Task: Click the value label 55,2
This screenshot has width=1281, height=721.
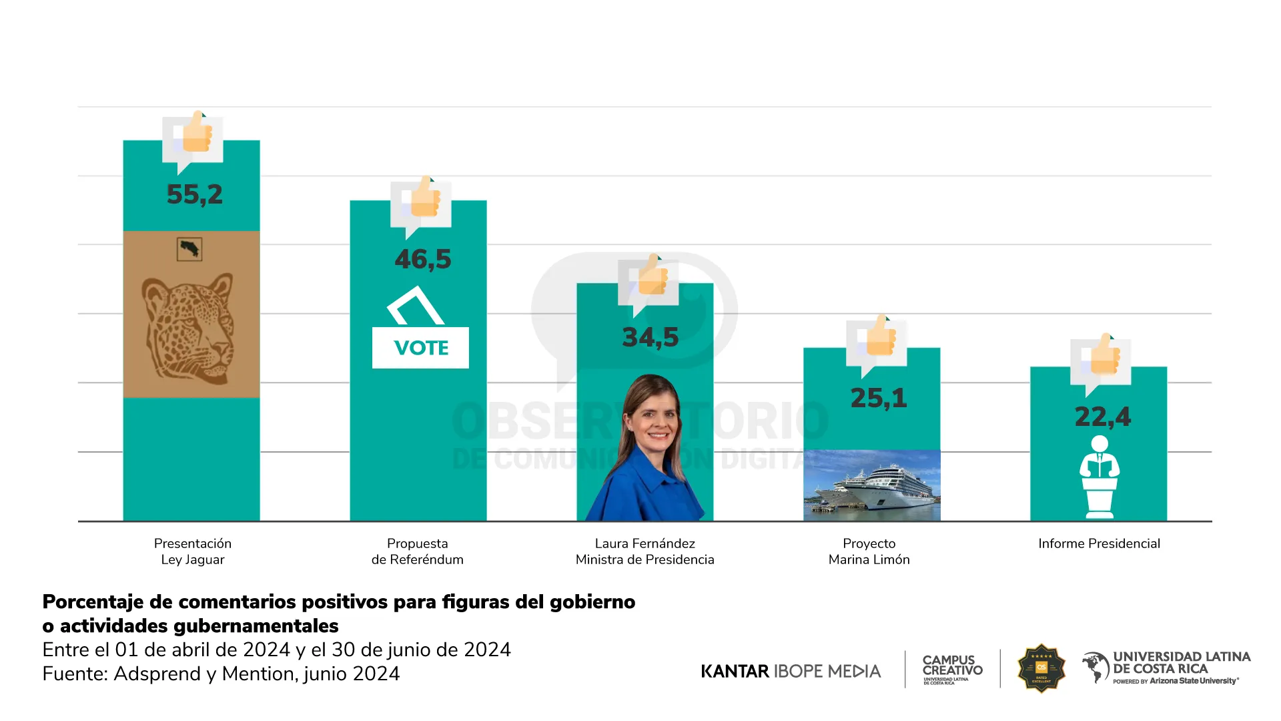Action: (x=194, y=194)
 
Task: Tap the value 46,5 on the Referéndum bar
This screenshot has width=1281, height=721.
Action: (x=422, y=259)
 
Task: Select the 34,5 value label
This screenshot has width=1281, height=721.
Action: (x=650, y=337)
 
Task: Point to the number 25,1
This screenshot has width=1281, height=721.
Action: (x=878, y=398)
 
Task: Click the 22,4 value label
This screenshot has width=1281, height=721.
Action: (x=1102, y=417)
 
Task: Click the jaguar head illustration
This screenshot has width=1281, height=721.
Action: (x=189, y=327)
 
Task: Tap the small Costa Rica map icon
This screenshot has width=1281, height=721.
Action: (x=189, y=250)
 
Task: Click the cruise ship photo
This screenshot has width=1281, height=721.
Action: (x=871, y=485)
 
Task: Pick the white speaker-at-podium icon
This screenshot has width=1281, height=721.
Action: (x=1099, y=477)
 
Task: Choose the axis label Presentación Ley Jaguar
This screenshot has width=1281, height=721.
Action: (x=193, y=551)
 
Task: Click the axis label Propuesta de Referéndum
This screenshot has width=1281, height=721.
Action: (x=418, y=551)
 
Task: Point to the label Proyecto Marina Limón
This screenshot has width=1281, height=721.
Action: (x=869, y=551)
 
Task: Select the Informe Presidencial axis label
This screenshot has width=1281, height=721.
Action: (x=1099, y=543)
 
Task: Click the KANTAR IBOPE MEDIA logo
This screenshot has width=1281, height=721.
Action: (x=791, y=671)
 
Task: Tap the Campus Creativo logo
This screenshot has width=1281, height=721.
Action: (x=952, y=669)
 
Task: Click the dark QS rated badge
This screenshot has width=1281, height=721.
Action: (x=1041, y=668)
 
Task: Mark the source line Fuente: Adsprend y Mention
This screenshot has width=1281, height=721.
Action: (x=221, y=674)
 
